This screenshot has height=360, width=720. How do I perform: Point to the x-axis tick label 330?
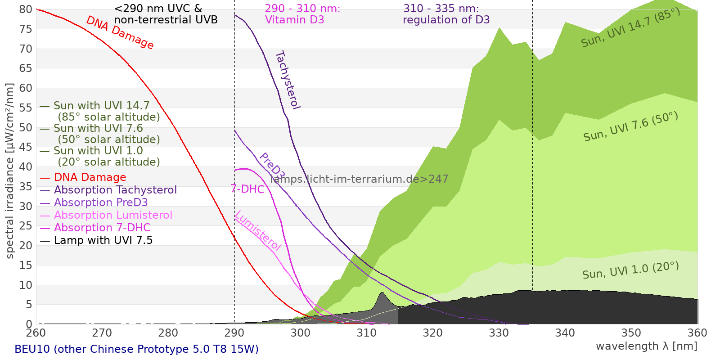click(x=499, y=333)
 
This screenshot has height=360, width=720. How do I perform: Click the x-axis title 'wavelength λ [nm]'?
click(x=646, y=346)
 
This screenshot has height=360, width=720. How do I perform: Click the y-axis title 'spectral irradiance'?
click(x=10, y=171)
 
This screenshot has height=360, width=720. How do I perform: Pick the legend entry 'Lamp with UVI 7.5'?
click(x=103, y=240)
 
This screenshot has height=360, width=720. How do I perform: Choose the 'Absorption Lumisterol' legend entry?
click(x=113, y=215)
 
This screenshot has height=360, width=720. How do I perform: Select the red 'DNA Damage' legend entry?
click(x=90, y=177)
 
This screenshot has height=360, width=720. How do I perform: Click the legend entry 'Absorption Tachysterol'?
click(x=115, y=190)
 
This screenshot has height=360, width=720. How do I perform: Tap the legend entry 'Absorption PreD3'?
click(x=101, y=202)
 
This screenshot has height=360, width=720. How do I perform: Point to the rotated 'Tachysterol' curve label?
click(x=288, y=80)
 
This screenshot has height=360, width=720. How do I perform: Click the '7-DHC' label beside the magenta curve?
click(x=247, y=189)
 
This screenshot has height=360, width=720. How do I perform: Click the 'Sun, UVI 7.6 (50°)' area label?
click(x=630, y=127)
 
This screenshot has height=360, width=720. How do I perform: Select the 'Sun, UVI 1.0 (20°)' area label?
click(x=630, y=270)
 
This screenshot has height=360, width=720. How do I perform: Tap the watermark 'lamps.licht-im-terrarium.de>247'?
click(x=359, y=179)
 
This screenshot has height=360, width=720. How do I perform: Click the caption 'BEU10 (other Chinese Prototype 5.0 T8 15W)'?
click(x=136, y=349)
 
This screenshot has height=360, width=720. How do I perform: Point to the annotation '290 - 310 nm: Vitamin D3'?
click(x=302, y=14)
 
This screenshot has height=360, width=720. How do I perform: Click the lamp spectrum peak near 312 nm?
click(x=382, y=293)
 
